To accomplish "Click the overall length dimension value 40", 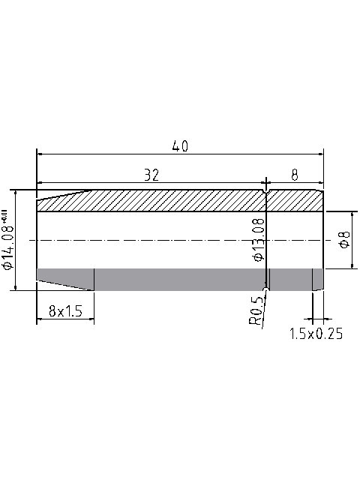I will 180,146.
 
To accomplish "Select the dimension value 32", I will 151,175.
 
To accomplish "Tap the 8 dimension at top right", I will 295,175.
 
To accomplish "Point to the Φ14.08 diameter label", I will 8,251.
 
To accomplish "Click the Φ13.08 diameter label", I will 259,239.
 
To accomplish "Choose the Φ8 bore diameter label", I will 344,240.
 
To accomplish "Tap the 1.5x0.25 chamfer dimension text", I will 316,334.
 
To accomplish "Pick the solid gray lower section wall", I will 180,279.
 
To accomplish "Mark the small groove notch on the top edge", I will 266,192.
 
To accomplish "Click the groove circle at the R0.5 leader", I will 266,289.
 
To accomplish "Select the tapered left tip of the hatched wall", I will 52,202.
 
